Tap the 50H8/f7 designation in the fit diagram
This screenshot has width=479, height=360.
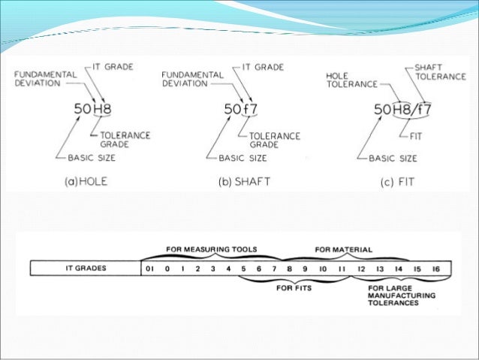pos(404,110)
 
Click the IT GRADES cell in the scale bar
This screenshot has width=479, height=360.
pos(85,266)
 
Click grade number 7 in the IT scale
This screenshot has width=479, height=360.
pos(275,266)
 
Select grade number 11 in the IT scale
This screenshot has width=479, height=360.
pos(342,266)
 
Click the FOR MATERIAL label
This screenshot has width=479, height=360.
pos(343,249)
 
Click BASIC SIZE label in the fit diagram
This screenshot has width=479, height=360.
pos(392,159)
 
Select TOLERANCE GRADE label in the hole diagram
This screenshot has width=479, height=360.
pos(116,140)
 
